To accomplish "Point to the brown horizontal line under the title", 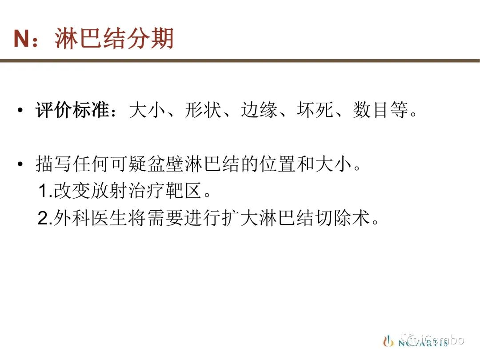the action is coord(240,60).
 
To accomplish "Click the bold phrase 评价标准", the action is coord(72,110).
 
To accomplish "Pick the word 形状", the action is coord(203,110).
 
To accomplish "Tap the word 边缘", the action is coord(259,110).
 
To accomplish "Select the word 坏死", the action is coord(315,110).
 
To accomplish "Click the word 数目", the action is coord(371,110).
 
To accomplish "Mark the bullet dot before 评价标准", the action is coord(20,110).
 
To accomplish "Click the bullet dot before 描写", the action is coord(20,164).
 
